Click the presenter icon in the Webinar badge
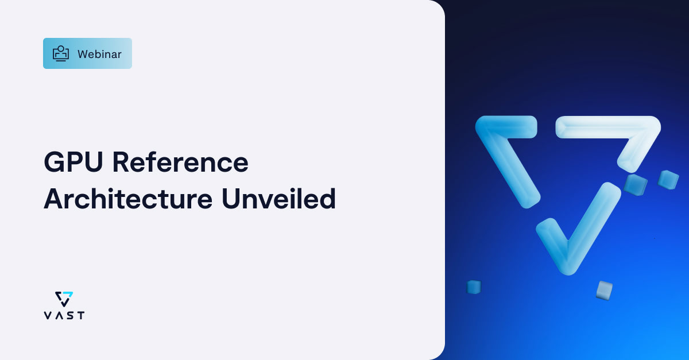click(x=61, y=53)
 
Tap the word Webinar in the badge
click(x=99, y=54)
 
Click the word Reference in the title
click(x=180, y=163)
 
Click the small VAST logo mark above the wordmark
click(x=64, y=299)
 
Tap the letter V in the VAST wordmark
click(x=47, y=315)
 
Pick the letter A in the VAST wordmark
click(x=58, y=315)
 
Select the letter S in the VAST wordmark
click(x=69, y=315)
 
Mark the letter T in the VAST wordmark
click(x=80, y=315)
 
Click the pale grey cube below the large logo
click(x=604, y=290)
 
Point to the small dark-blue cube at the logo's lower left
click(x=474, y=287)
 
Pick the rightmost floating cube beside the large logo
click(x=668, y=180)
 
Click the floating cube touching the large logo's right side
click(x=636, y=184)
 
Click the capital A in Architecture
click(x=53, y=199)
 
